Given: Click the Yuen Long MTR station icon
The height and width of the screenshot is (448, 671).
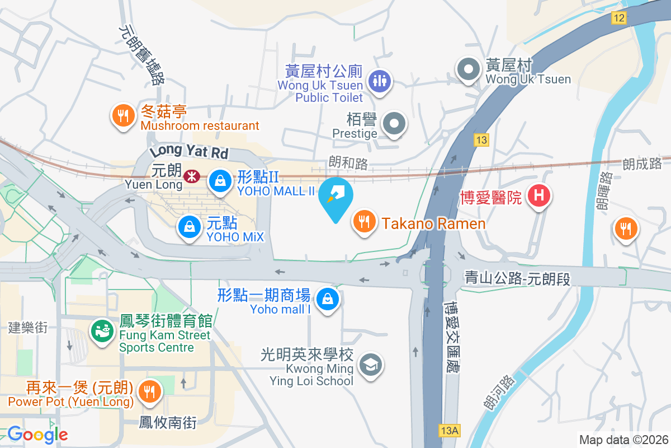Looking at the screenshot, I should (x=192, y=177).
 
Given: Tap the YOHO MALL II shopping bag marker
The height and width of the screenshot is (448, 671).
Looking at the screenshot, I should (x=220, y=180).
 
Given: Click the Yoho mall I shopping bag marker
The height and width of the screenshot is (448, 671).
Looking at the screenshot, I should (x=327, y=299).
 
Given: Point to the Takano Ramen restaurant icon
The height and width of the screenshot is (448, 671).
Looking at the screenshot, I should (x=365, y=222).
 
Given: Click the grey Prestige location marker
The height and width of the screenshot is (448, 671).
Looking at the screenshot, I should (x=395, y=124).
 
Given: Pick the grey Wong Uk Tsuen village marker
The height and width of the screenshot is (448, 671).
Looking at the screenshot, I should (x=469, y=70).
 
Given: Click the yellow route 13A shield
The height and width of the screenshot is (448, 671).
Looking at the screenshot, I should (x=450, y=430).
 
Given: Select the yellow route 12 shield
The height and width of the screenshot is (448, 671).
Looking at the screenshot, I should (x=618, y=18).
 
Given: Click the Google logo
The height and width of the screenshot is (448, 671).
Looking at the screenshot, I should (x=37, y=435).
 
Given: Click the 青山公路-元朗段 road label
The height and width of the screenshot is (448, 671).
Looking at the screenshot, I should (x=517, y=278).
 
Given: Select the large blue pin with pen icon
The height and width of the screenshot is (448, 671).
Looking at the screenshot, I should (x=335, y=198).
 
